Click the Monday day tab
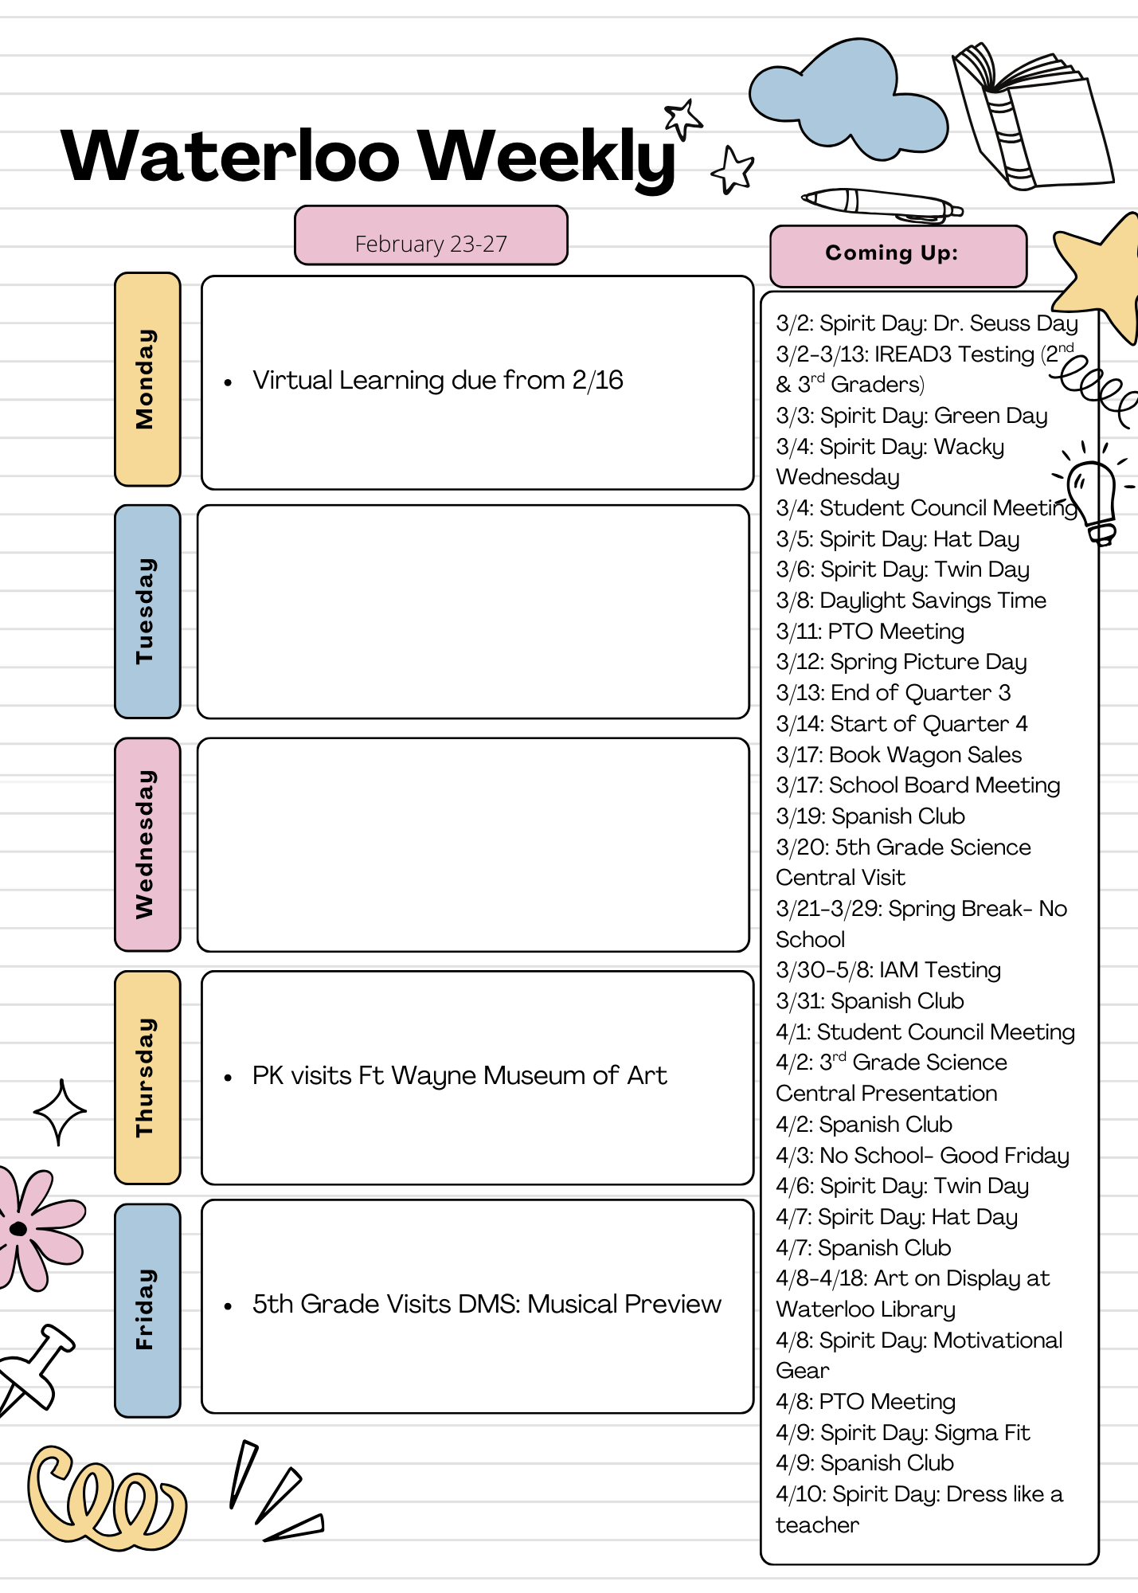tap(147, 379)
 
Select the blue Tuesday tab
tap(147, 612)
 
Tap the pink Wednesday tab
tap(147, 844)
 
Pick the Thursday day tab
tap(147, 1077)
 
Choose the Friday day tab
tap(147, 1309)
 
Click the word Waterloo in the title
tap(230, 157)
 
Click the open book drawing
tap(1031, 119)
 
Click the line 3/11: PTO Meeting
tap(870, 632)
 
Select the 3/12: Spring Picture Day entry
tap(901, 662)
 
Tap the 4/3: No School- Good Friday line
tap(922, 1155)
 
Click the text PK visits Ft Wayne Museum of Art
tap(459, 1076)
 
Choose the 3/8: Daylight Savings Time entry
tap(911, 601)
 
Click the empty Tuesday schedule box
tap(473, 612)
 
